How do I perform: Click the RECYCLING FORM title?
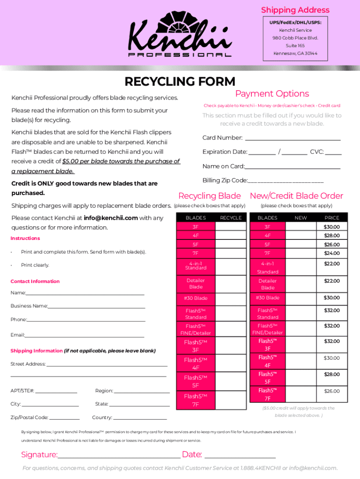(x=180, y=81)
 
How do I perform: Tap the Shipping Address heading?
(x=295, y=10)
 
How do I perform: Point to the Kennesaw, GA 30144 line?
(x=295, y=53)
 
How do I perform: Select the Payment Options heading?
(x=272, y=94)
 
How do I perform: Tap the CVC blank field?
(x=333, y=152)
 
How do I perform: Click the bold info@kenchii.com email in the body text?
(x=111, y=218)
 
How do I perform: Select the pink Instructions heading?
(x=25, y=239)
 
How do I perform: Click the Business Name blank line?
(x=96, y=306)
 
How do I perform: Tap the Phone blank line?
(x=86, y=320)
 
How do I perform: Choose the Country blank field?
(x=140, y=418)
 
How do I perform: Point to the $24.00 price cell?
(x=331, y=254)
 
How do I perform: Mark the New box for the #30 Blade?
(x=301, y=298)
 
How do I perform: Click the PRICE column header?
(x=331, y=218)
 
